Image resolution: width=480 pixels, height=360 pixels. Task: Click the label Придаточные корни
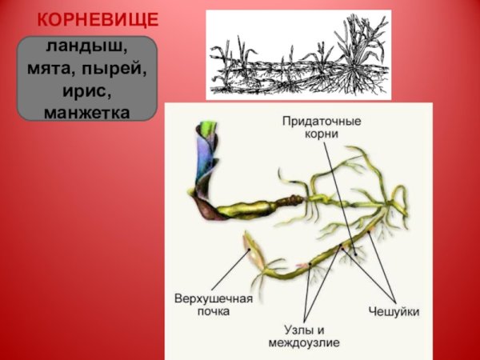321,128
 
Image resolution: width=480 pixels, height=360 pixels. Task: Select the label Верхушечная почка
213,304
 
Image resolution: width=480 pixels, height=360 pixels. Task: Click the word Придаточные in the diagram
322,122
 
